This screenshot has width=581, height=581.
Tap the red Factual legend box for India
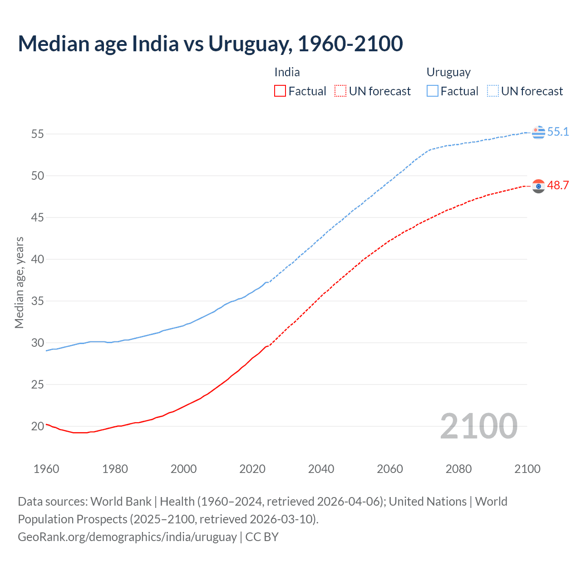click(280, 91)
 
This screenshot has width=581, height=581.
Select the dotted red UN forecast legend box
click(340, 91)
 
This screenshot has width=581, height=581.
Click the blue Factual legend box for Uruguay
click(433, 91)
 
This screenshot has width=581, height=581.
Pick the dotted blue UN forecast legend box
click(493, 91)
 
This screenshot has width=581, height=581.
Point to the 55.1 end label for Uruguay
click(558, 132)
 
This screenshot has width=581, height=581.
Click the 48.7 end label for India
click(558, 185)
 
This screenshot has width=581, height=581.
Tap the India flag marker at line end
click(538, 186)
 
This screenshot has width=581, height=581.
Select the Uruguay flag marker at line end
click(538, 133)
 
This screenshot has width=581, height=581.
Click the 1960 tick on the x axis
click(46, 469)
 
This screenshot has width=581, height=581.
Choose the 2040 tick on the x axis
click(321, 469)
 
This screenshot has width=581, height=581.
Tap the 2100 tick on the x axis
click(527, 469)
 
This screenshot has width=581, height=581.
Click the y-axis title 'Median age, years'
click(19, 282)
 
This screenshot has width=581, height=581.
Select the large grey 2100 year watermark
click(478, 426)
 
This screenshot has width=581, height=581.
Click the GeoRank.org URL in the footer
click(127, 537)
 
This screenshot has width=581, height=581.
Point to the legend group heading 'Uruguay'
click(448, 73)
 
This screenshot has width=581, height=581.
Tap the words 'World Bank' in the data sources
click(121, 502)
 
